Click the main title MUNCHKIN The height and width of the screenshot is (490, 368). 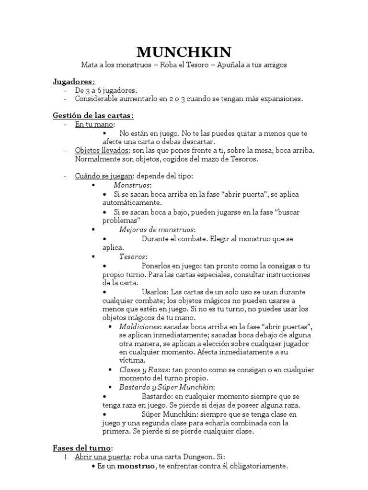click(x=184, y=52)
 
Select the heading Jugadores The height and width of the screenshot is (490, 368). click(x=73, y=81)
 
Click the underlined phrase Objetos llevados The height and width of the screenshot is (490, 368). click(x=95, y=150)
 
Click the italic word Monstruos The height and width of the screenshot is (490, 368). click(x=132, y=185)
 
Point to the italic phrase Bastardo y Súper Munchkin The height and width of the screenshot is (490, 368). click(x=167, y=387)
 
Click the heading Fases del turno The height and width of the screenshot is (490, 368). click(x=82, y=447)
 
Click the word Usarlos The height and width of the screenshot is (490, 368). click(x=154, y=291)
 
